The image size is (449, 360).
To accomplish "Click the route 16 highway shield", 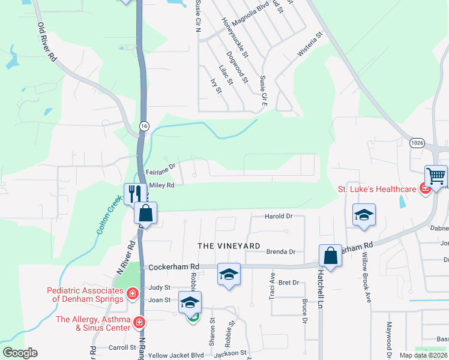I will point(143,125).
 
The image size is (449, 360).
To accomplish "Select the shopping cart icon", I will point(436,176).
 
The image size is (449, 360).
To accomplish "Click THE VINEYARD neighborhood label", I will point(229,246).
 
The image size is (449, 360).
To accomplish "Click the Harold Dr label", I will point(279,216).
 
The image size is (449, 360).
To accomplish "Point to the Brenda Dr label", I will point(281,252).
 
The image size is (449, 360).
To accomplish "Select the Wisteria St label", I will point(310,45).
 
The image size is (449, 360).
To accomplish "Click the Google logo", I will point(20,353).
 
